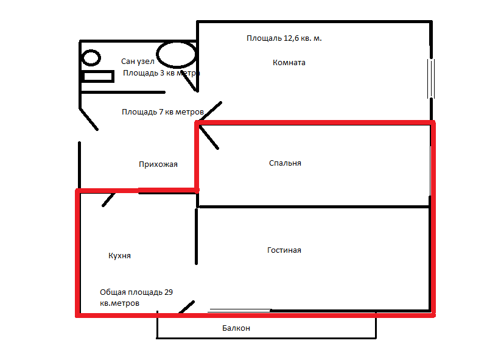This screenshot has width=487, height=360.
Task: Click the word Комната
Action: tap(289, 63)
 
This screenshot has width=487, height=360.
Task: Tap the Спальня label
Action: tap(285, 163)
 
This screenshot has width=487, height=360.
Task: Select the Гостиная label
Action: tap(284, 250)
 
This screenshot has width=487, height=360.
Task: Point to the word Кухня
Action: tap(119, 256)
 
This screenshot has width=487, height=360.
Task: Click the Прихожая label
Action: tap(158, 164)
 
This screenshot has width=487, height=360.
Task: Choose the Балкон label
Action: tap(236, 328)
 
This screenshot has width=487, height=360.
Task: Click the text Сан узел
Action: tap(138, 62)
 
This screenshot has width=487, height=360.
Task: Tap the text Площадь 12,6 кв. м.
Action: tap(284, 38)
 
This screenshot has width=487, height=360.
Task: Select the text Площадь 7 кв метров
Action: tap(162, 112)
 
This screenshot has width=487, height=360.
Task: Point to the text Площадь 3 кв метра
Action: tap(161, 73)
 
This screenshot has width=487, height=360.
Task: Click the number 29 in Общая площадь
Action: tap(169, 292)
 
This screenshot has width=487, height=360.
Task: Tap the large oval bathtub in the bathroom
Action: tap(176, 54)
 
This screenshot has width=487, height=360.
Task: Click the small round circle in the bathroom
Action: tap(91, 58)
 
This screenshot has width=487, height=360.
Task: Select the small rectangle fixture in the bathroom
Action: tap(98, 77)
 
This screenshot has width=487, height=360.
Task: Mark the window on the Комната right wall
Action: tap(432, 77)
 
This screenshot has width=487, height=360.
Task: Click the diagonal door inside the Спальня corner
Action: tap(209, 136)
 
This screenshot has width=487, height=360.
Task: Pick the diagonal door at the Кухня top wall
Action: tap(110, 199)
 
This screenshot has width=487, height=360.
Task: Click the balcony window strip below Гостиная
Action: tap(239, 310)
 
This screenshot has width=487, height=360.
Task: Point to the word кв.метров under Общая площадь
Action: tap(120, 303)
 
